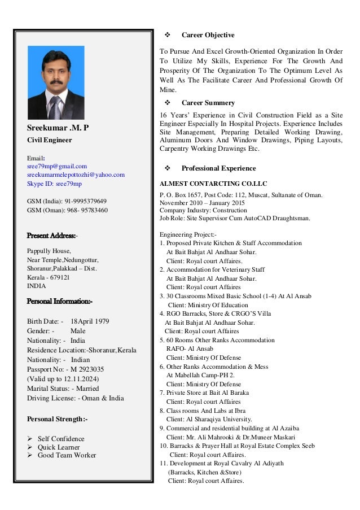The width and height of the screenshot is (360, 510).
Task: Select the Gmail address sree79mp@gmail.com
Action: pos(57,166)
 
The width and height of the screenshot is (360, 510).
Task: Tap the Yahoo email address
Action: pos(76,175)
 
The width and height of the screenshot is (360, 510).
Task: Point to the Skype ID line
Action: pos(54,184)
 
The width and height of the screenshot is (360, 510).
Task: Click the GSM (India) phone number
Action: pos(85,201)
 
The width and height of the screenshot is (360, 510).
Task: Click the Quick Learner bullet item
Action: pos(59,447)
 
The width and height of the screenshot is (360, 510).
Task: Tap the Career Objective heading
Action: pos(208,35)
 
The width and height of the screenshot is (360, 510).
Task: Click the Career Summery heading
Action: pos(208,103)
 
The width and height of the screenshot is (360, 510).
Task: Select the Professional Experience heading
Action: pos(218,168)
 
